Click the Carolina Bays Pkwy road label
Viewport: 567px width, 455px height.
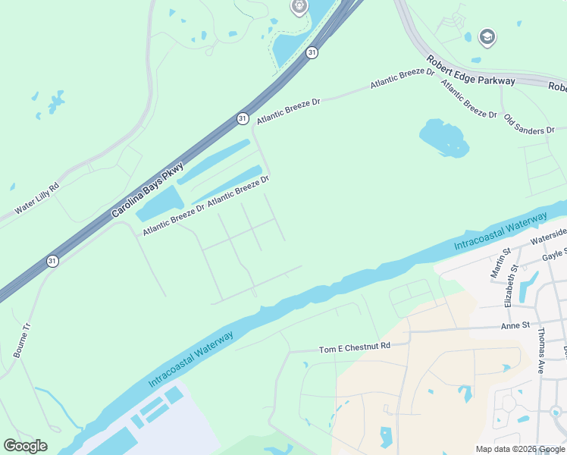point(148,179)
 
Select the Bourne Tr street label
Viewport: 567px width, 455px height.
point(23,340)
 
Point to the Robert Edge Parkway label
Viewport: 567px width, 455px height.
point(471,70)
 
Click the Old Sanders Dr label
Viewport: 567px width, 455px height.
point(529,125)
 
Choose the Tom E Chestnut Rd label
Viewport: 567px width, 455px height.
point(354,347)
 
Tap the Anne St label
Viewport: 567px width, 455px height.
point(513,327)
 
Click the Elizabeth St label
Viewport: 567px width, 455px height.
point(509,287)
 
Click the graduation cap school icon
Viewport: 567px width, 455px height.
point(486,36)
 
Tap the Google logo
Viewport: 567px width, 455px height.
point(25,446)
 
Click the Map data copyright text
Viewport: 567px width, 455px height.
point(519,449)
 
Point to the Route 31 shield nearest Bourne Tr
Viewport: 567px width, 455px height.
point(52,260)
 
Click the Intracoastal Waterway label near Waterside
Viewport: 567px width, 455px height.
point(500,232)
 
